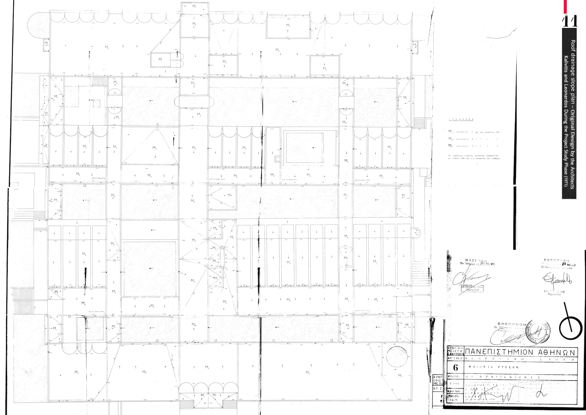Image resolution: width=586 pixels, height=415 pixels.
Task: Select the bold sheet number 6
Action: pyautogui.click(x=455, y=367)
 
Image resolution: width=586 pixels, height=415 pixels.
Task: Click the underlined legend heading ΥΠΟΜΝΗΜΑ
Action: pyautogui.click(x=461, y=119)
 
